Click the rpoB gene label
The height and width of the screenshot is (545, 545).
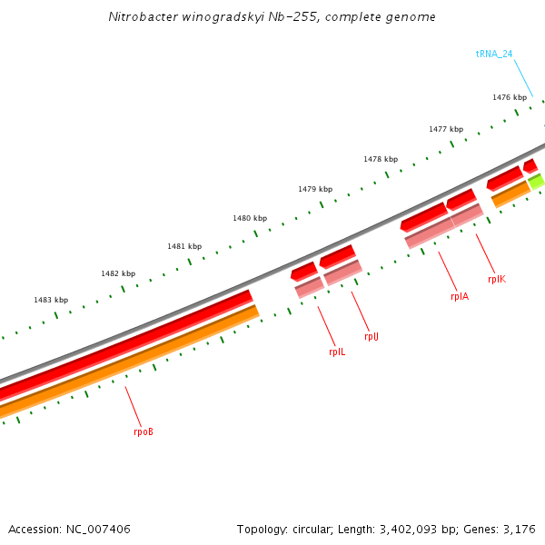pyautogui.click(x=144, y=431)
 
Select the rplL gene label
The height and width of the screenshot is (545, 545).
pyautogui.click(x=337, y=352)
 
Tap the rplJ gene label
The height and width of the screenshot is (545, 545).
pyautogui.click(x=372, y=337)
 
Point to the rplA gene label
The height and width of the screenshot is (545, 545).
pyautogui.click(x=460, y=296)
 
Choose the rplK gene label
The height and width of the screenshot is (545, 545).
pyautogui.click(x=497, y=280)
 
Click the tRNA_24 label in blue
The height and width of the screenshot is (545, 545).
pyautogui.click(x=494, y=54)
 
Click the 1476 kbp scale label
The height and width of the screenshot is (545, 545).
pyautogui.click(x=510, y=97)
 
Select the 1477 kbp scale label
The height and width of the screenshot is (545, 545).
pyautogui.click(x=446, y=129)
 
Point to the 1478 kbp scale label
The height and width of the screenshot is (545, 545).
pyautogui.click(x=381, y=159)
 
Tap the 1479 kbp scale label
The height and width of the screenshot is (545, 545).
pyautogui.click(x=315, y=189)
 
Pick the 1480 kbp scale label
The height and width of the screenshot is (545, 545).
pyautogui.click(x=250, y=218)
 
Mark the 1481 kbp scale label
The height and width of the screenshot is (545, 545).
pyautogui.click(x=184, y=246)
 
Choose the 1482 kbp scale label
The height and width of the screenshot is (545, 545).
pyautogui.click(x=118, y=273)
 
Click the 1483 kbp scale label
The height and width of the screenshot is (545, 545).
pyautogui.click(x=51, y=300)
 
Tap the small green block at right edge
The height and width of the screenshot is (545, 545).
pyautogui.click(x=537, y=182)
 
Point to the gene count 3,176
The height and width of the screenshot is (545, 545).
pyautogui.click(x=520, y=529)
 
